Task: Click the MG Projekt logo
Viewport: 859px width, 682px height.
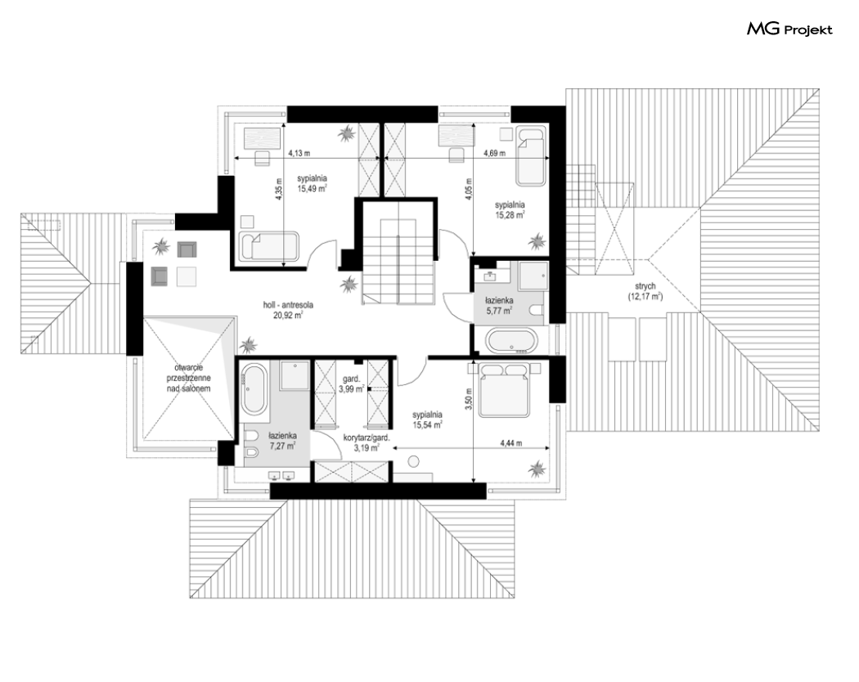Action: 789,29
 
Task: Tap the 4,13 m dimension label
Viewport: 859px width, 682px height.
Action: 299,154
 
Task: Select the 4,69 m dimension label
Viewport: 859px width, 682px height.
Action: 495,154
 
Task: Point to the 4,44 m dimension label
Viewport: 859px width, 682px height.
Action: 510,443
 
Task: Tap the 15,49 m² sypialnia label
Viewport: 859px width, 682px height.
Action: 313,183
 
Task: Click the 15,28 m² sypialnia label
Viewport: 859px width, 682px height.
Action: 510,210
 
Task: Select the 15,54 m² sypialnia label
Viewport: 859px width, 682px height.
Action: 428,420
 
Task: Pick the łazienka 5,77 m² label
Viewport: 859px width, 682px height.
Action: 499,306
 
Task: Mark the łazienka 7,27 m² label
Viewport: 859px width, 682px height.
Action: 282,441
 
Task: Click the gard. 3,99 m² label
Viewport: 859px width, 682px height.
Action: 351,384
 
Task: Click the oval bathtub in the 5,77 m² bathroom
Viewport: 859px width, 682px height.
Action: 511,341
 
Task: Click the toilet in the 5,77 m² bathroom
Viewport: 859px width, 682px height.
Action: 537,311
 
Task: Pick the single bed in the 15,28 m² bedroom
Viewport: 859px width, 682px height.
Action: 531,156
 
